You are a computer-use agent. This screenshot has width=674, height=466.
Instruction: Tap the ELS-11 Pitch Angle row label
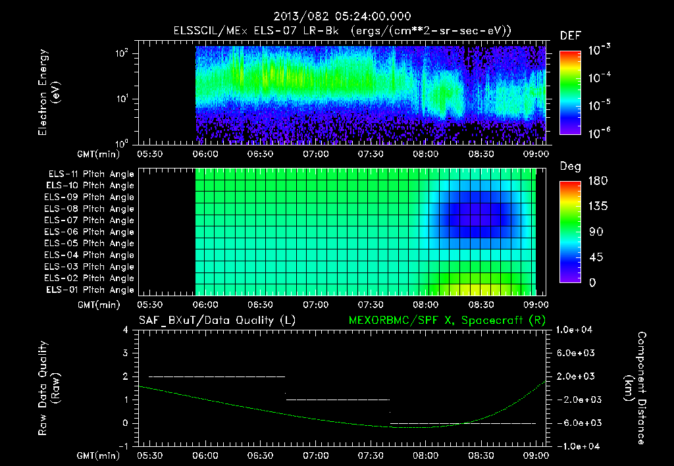point(90,174)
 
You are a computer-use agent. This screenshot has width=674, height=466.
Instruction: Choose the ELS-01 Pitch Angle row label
point(90,290)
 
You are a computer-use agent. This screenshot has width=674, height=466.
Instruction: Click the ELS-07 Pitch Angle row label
point(90,220)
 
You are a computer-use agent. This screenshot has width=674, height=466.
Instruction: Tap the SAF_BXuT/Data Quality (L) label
point(217,321)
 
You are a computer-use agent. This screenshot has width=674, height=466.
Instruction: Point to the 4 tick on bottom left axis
point(125,330)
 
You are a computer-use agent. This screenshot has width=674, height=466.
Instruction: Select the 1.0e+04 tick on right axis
point(576,330)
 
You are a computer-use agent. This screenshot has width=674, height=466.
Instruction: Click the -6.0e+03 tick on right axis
point(576,423)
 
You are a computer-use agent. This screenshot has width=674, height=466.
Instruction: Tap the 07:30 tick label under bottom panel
point(371,455)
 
